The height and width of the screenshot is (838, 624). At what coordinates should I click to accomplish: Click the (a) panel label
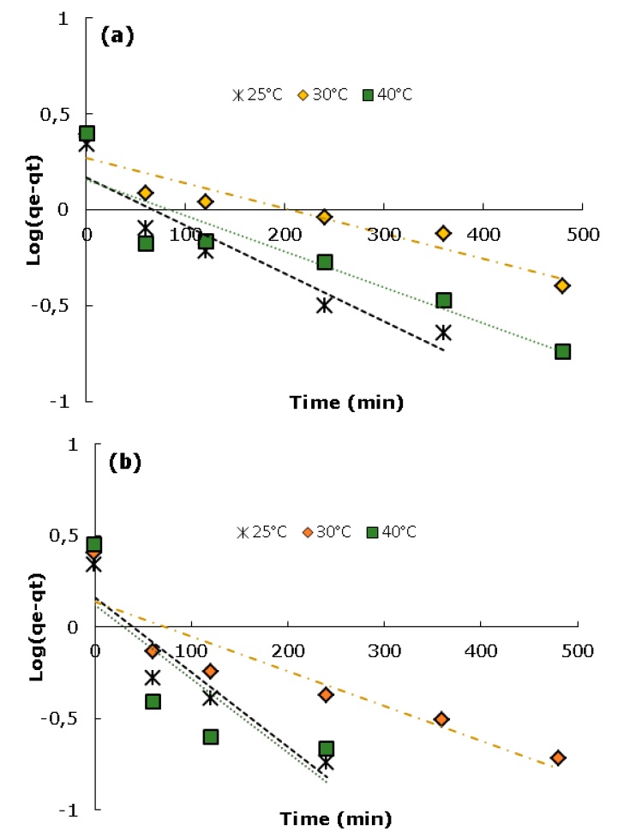tap(115, 37)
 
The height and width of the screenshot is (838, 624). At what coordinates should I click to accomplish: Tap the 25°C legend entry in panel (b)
tap(262, 532)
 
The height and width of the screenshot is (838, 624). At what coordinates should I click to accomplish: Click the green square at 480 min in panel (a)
tap(562, 351)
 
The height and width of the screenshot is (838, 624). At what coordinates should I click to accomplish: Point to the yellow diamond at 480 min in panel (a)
tap(562, 285)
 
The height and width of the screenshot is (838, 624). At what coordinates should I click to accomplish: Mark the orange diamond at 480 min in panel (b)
tap(558, 757)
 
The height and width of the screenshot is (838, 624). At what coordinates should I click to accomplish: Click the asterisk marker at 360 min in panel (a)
tap(443, 332)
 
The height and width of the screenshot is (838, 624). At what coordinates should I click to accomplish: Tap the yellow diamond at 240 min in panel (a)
tap(324, 217)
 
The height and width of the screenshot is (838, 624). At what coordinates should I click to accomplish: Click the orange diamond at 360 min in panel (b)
tap(441, 719)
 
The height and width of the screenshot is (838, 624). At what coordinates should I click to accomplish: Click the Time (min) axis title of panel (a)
tap(334, 400)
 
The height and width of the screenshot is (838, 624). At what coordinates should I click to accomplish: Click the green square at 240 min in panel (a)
tap(324, 261)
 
